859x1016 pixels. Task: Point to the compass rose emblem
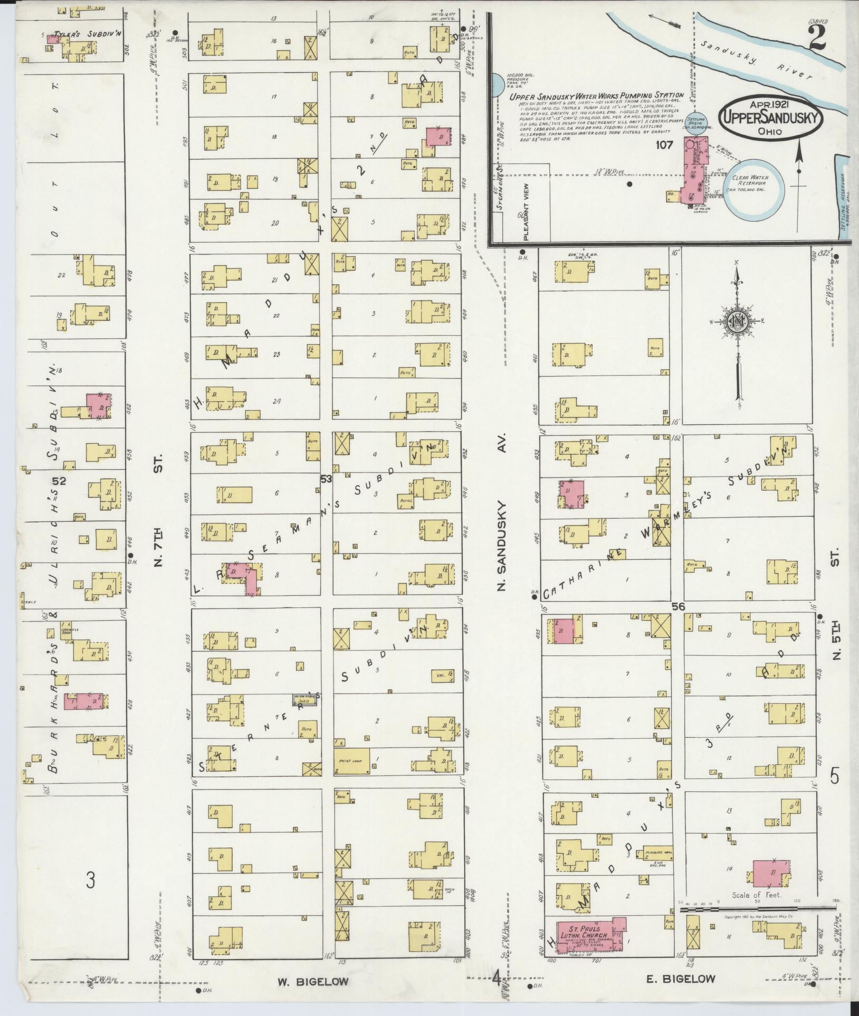737,322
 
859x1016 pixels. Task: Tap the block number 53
326,478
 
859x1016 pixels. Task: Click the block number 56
677,607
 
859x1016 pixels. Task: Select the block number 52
59,480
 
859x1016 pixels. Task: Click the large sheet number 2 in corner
816,40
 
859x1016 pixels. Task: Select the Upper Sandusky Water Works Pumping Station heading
589,96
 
